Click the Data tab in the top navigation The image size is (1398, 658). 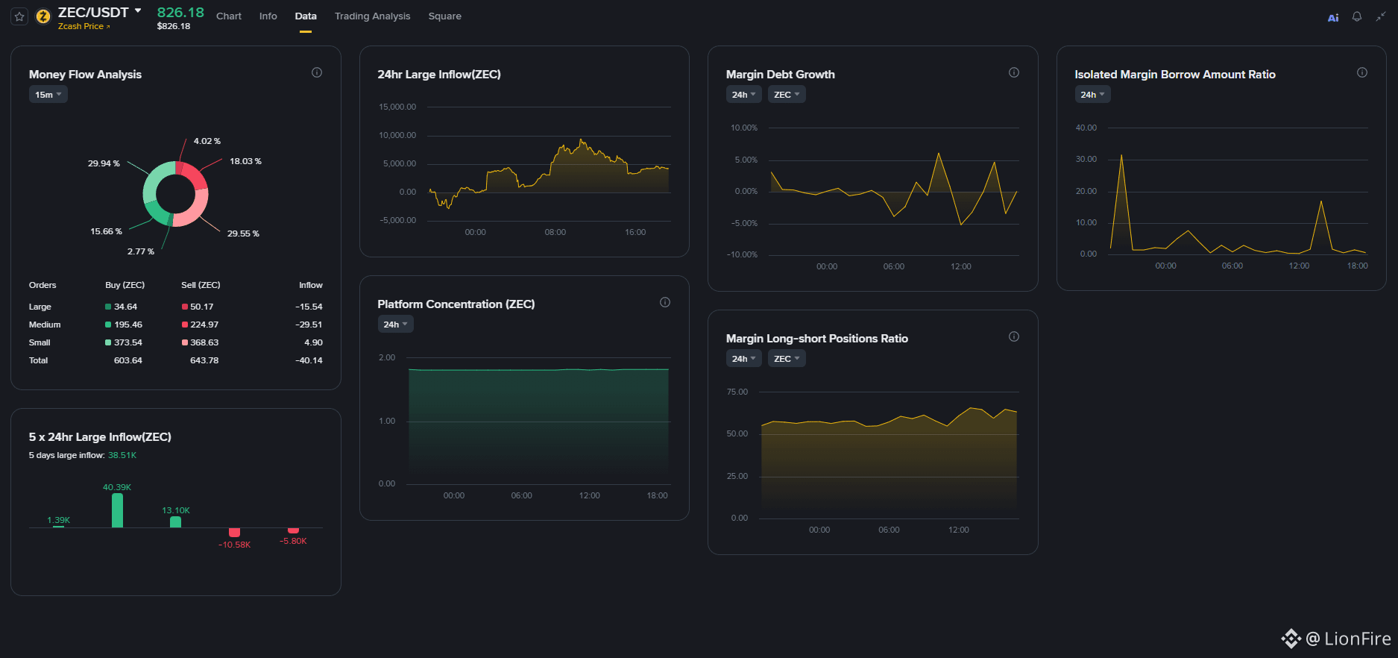[306, 16]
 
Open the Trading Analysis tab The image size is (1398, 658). [372, 16]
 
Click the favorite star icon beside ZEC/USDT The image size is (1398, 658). [20, 16]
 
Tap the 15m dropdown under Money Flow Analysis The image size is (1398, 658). [48, 95]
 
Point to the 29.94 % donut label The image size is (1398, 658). [104, 163]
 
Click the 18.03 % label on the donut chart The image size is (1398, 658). [245, 161]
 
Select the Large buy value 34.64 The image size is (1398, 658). [125, 307]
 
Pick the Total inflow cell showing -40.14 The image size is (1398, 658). [309, 360]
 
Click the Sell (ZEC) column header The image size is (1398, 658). [201, 285]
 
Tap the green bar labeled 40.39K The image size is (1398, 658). [117, 510]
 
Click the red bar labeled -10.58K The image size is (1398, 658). [234, 532]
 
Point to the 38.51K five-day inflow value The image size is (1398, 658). [122, 455]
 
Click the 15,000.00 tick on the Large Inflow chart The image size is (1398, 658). [397, 107]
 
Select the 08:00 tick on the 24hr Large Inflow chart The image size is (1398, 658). [555, 232]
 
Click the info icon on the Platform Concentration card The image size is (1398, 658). [665, 302]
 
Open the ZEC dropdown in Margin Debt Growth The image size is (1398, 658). [787, 95]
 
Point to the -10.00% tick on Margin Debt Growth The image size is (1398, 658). [742, 255]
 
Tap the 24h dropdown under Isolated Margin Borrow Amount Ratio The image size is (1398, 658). [1092, 95]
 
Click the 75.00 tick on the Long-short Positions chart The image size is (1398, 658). [737, 392]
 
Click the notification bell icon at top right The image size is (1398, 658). [1357, 16]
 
